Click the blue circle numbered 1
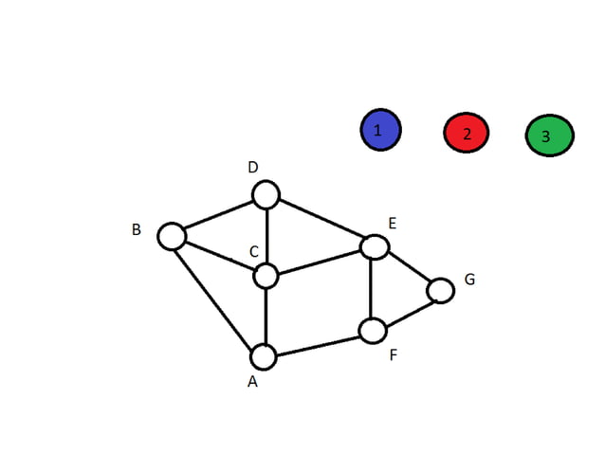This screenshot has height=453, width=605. click(x=380, y=130)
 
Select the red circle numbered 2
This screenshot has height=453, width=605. click(x=467, y=133)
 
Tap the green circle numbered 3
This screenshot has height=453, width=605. click(x=549, y=136)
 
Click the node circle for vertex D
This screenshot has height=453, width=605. click(x=266, y=195)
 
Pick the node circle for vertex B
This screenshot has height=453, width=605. click(x=172, y=235)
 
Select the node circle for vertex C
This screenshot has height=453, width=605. click(x=266, y=276)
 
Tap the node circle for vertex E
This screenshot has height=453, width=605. click(x=375, y=246)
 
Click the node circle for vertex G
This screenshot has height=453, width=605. click(x=441, y=290)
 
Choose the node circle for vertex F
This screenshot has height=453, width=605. click(x=373, y=331)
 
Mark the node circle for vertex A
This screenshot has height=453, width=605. click(x=263, y=357)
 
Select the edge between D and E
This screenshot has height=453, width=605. click(x=321, y=221)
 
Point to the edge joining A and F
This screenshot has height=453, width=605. click(x=318, y=344)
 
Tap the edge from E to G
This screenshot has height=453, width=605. click(x=408, y=268)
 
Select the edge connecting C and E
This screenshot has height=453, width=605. click(x=320, y=262)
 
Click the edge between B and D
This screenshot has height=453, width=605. click(x=218, y=215)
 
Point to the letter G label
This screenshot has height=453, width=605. click(x=469, y=280)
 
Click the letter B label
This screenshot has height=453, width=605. click(x=137, y=229)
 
